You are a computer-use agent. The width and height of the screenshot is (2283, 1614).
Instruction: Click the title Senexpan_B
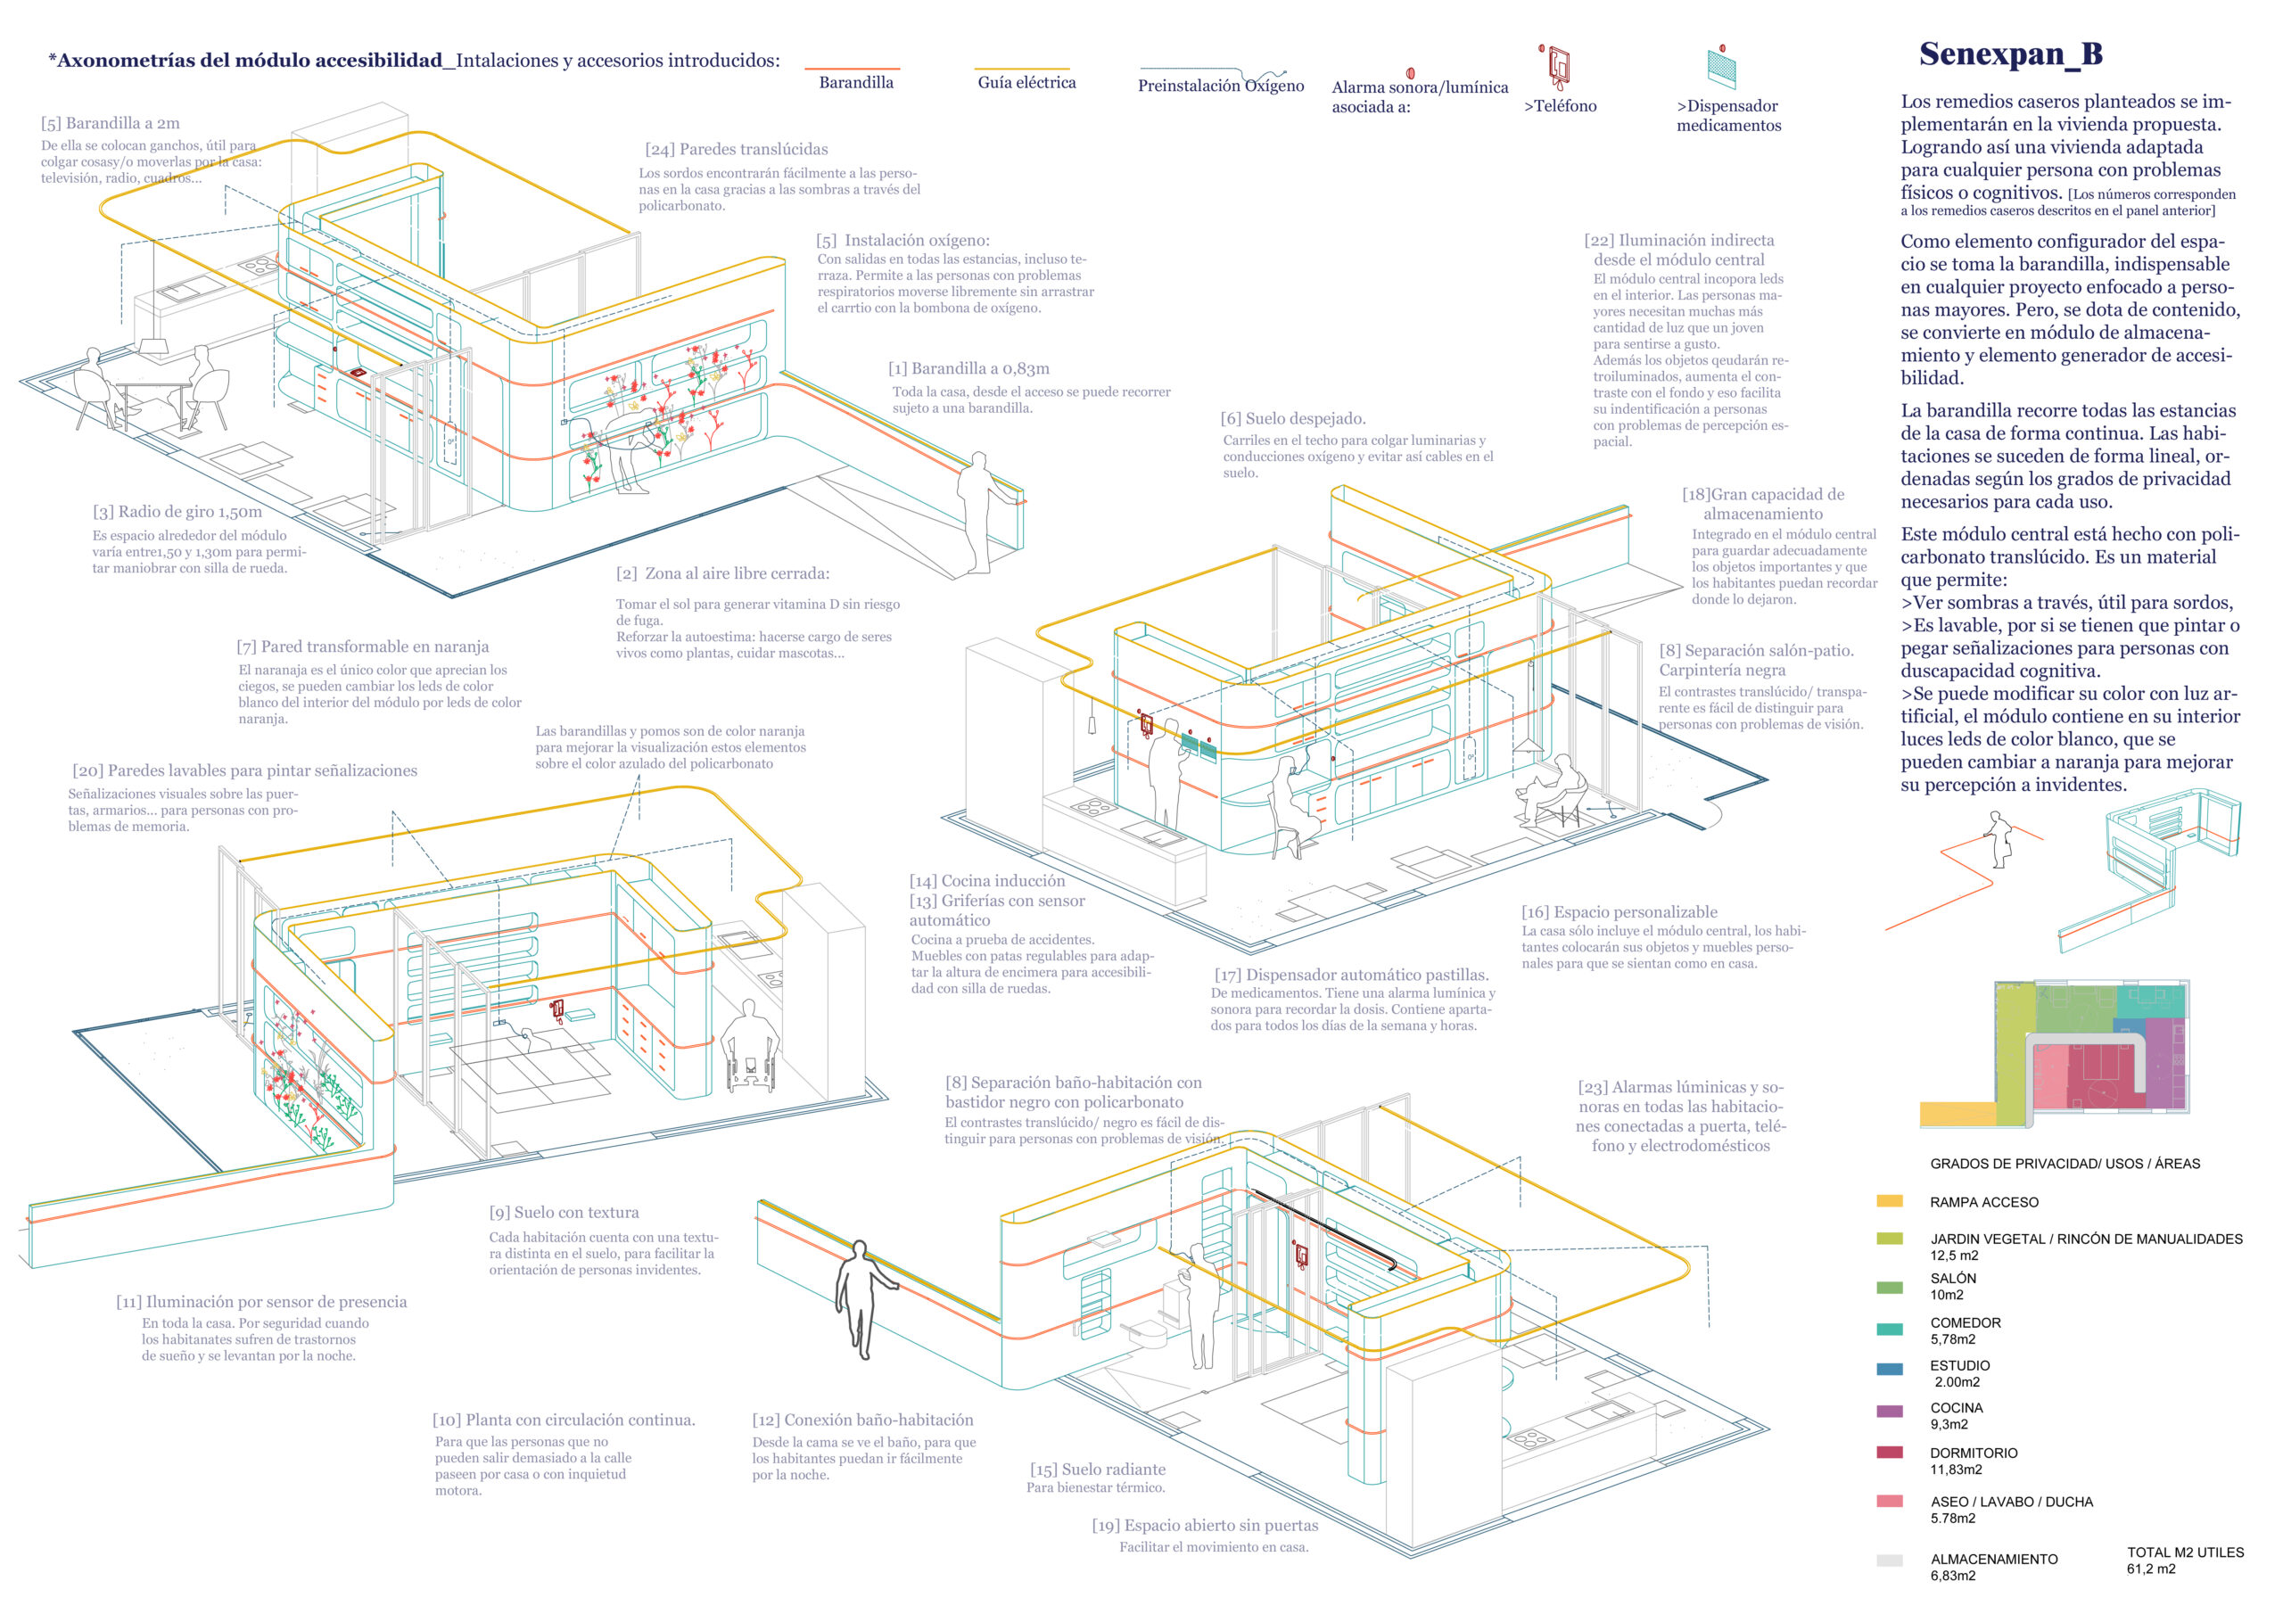tap(2010, 54)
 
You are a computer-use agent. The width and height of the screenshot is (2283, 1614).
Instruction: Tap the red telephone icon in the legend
tap(1557, 68)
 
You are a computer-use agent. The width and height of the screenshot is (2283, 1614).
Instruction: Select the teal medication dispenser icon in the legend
tap(1720, 68)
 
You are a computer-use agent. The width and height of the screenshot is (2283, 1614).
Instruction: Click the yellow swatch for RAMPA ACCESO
tap(1889, 1201)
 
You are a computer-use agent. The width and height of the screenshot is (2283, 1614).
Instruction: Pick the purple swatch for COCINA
tap(1889, 1411)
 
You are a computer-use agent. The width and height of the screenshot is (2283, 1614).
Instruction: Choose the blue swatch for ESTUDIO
tap(1889, 1370)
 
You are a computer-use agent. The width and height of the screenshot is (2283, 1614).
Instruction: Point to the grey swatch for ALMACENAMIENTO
tap(1889, 1560)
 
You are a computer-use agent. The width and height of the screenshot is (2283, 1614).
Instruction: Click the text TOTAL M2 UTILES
tap(2185, 1552)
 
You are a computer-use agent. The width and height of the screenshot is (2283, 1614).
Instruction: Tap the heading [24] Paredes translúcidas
tap(736, 149)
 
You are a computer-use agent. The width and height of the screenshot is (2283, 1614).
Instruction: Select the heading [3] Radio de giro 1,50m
tap(178, 512)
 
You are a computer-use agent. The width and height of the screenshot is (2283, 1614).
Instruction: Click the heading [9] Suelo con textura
tap(564, 1212)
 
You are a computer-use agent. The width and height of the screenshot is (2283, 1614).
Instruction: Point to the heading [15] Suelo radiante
tap(1098, 1469)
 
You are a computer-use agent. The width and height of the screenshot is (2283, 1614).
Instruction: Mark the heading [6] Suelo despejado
tap(1292, 419)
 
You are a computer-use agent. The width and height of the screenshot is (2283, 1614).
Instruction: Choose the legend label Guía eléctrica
tap(1026, 83)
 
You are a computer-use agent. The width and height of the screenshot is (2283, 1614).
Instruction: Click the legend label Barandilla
tap(855, 83)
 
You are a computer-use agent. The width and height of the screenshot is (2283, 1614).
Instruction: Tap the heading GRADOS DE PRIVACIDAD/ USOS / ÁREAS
tap(2065, 1164)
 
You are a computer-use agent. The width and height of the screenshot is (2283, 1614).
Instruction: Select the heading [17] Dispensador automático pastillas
tap(1351, 975)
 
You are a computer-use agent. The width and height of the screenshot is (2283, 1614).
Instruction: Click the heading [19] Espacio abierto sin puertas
tap(1204, 1526)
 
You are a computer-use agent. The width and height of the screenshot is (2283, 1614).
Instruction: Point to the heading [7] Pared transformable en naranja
tap(363, 646)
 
